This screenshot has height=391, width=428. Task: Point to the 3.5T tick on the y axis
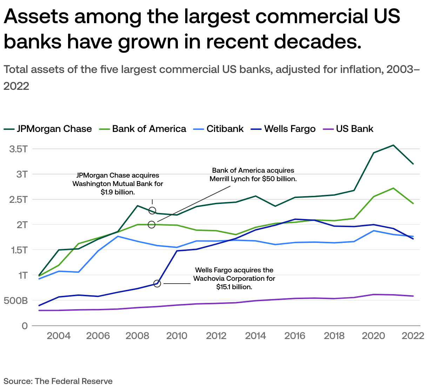[x=19, y=149]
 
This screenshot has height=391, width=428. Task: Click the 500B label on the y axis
[x=16, y=301]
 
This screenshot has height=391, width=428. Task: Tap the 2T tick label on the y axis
[x=22, y=225]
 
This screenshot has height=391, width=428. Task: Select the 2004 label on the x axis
[x=59, y=336]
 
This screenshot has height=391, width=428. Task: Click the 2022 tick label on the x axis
[x=413, y=336]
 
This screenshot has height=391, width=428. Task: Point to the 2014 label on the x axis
[x=255, y=336]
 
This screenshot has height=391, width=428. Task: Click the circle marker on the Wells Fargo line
[x=157, y=283]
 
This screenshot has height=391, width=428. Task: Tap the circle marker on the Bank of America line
[x=152, y=225]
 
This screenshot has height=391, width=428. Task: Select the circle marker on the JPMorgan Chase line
[x=152, y=211]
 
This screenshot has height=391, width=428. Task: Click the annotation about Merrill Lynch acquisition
[x=253, y=174]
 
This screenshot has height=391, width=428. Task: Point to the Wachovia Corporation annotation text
[x=234, y=278]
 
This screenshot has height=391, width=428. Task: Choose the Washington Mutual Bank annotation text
[x=118, y=184]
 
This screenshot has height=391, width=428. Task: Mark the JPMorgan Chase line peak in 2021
[x=393, y=145]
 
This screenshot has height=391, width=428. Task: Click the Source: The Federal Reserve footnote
[x=58, y=381]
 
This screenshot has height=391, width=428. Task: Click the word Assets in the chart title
[x=39, y=16]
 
